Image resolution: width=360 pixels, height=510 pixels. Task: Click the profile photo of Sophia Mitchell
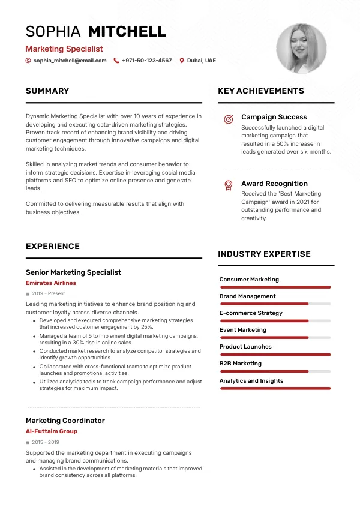point(301,49)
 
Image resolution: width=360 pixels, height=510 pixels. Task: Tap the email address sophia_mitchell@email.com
point(70,61)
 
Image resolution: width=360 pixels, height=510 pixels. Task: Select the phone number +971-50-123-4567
point(146,61)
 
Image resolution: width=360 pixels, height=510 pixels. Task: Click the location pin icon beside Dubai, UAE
point(182,61)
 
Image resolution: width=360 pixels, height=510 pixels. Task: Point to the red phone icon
point(116,61)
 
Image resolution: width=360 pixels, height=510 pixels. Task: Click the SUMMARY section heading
point(47,91)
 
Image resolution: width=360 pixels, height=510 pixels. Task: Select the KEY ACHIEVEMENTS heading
point(261,91)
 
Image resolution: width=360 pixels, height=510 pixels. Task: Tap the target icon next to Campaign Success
point(228,119)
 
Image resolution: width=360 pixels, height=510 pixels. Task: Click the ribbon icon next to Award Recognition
point(228,185)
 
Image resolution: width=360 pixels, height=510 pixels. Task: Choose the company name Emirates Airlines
point(51,283)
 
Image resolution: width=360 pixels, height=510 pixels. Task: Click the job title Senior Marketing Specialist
point(73,272)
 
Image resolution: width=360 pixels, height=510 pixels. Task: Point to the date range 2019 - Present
point(48,294)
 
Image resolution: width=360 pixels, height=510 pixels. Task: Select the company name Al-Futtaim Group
point(52,431)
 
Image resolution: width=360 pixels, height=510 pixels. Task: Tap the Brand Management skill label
point(247,296)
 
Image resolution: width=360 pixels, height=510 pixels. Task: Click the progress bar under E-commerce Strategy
point(275,321)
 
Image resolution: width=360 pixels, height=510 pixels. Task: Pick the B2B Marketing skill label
point(240,364)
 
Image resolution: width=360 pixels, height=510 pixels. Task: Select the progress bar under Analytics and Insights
point(275,388)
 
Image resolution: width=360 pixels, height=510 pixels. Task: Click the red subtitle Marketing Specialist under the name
point(64,49)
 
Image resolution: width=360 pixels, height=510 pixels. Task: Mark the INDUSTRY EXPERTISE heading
point(264,254)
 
